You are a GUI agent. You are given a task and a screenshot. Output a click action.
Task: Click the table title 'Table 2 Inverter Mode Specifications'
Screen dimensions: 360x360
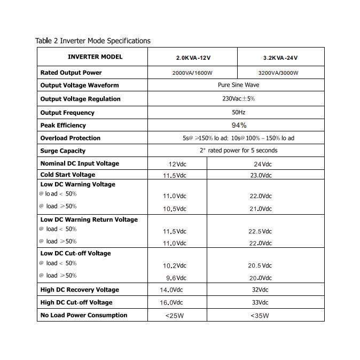point(92,41)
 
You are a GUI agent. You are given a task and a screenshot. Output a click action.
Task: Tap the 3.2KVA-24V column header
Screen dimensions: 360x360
point(280,57)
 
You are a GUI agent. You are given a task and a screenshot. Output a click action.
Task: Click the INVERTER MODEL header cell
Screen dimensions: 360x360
point(95,57)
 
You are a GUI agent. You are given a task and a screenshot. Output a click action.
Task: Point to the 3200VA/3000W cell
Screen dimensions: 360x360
point(278,73)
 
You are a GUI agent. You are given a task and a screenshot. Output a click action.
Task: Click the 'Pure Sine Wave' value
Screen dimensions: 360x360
point(238,85)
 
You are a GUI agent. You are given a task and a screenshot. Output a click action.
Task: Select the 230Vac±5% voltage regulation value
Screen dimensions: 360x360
point(238,99)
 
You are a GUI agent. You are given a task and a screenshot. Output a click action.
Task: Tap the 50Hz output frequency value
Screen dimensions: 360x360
point(238,112)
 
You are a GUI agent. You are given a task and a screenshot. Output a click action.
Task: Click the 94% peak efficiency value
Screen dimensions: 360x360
point(239,125)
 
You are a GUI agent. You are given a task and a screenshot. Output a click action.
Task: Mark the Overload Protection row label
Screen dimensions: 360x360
point(70,138)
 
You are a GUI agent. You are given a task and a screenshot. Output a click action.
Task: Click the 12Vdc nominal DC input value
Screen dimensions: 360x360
point(177,164)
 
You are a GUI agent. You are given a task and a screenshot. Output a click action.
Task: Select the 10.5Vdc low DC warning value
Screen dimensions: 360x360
point(174,208)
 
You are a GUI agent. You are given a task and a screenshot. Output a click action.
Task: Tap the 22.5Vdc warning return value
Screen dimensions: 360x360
point(260,231)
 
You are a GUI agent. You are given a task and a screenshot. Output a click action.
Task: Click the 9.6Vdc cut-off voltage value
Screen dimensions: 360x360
point(176,278)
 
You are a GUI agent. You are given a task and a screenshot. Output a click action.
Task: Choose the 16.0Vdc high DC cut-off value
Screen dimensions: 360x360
point(172,302)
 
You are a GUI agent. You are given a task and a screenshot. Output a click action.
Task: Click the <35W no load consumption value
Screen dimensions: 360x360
point(260,315)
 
